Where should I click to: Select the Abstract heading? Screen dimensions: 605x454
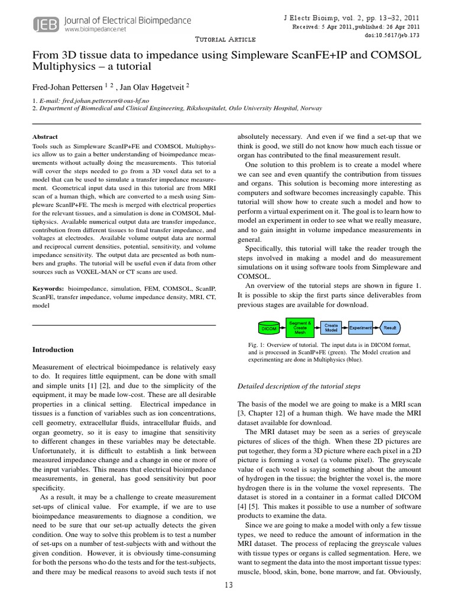tap(45, 136)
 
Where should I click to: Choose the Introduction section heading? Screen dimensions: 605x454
tap(53, 350)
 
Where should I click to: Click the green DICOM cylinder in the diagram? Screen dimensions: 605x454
tap(269, 327)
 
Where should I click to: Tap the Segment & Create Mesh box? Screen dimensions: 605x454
tap(300, 327)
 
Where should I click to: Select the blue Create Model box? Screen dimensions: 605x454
tap(331, 327)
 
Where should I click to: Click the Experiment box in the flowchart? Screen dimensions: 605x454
tap(360, 327)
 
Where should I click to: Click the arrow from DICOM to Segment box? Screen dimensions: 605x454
tap(282, 327)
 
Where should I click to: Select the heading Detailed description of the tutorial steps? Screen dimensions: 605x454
tap(298, 386)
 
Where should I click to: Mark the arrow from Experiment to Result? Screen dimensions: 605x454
tap(376, 327)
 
